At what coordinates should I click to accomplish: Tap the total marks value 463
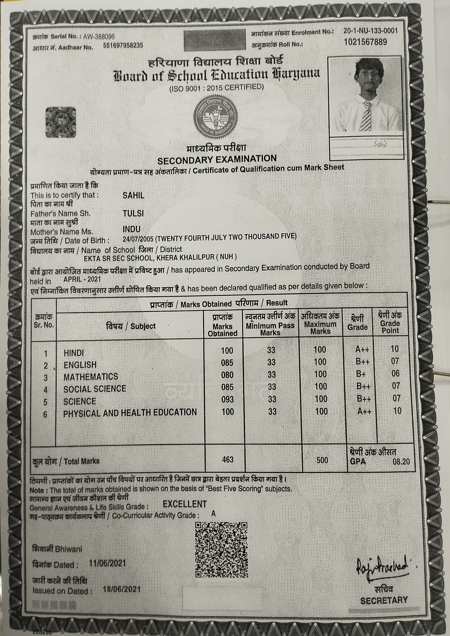(228, 460)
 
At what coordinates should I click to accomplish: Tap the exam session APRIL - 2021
(82, 279)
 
